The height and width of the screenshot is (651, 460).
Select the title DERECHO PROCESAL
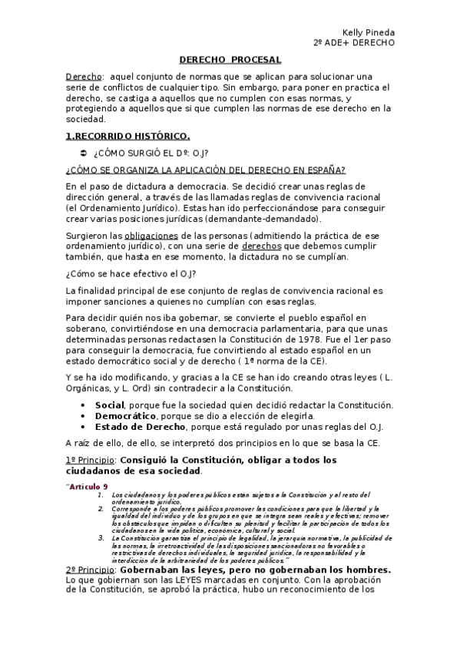pyautogui.click(x=230, y=59)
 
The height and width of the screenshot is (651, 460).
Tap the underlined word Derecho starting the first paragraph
pyautogui.click(x=83, y=77)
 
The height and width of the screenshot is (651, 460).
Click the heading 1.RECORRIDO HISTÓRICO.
pyautogui.click(x=127, y=137)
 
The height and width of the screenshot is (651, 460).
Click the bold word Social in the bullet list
pyautogui.click(x=110, y=405)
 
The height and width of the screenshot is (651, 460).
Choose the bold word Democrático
pyautogui.click(x=127, y=416)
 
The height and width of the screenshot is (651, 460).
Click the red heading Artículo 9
pyautogui.click(x=88, y=487)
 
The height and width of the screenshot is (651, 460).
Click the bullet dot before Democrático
pyautogui.click(x=83, y=416)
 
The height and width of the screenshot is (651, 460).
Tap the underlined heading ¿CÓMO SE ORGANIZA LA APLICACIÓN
pyautogui.click(x=205, y=170)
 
